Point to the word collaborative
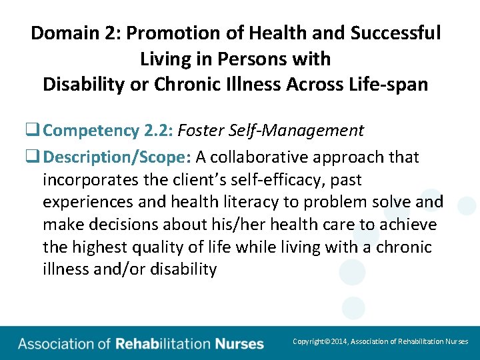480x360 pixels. [x=264, y=157]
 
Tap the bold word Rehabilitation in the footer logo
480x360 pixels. [x=162, y=345]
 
